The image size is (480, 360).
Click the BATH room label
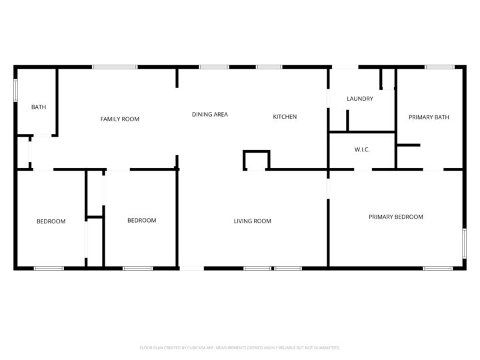tap(39, 107)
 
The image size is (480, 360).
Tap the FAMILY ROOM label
tap(120, 119)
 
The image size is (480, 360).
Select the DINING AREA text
tap(210, 115)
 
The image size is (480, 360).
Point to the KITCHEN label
tap(285, 117)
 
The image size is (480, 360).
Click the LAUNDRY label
tap(360, 99)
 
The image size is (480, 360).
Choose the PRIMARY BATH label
tap(429, 117)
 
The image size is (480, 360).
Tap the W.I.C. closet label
tap(362, 149)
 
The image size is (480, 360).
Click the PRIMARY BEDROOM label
tap(396, 217)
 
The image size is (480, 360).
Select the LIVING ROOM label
tap(253, 221)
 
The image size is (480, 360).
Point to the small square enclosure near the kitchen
tap(257, 161)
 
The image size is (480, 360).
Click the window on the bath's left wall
tap(16, 91)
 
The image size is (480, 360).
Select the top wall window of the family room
tap(115, 67)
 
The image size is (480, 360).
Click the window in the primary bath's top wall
tap(440, 67)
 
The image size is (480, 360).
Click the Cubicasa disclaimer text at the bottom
tap(240, 347)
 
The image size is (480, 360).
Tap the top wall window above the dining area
tap(214, 67)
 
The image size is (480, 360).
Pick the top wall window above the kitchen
tap(269, 67)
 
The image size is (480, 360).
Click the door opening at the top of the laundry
tap(345, 67)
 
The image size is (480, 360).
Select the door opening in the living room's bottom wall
tap(191, 268)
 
